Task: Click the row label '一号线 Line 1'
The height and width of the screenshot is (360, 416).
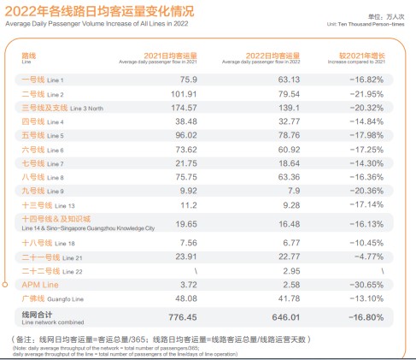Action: point(42,80)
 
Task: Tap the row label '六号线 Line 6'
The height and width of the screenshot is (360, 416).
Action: point(42,150)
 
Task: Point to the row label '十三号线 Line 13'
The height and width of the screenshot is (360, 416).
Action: point(48,206)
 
